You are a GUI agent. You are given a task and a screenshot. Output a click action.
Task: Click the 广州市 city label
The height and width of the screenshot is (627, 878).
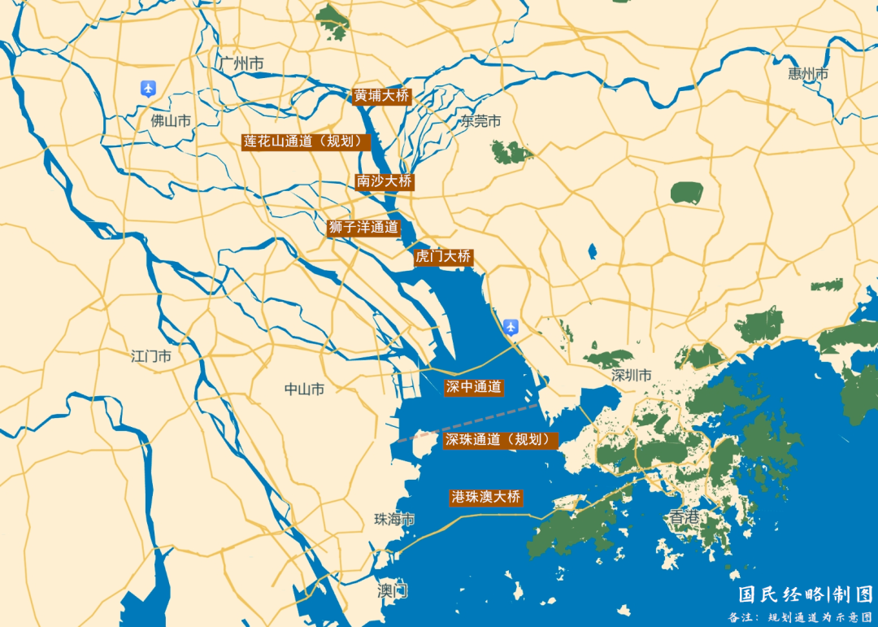click(241, 63)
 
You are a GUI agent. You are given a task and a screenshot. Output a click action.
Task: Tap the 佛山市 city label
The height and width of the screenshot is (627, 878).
click(171, 121)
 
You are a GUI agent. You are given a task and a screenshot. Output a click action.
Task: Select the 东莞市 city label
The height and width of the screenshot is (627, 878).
click(481, 121)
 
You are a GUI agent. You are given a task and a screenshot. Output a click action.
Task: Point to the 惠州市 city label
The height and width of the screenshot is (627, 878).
click(808, 74)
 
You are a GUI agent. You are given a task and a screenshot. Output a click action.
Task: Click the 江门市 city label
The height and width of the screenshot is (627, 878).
click(151, 356)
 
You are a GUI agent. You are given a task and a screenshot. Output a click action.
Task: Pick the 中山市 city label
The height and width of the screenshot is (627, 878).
click(304, 390)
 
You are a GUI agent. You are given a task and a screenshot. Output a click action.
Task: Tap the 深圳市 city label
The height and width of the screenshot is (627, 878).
click(632, 376)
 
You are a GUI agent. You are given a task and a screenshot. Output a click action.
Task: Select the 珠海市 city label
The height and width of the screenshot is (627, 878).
click(394, 519)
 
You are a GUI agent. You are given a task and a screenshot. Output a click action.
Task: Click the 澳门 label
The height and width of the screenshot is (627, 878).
click(393, 590)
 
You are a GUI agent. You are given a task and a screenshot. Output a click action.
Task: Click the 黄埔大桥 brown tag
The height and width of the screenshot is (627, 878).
click(381, 95)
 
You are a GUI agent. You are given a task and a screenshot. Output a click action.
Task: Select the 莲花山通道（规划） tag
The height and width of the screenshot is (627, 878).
click(306, 141)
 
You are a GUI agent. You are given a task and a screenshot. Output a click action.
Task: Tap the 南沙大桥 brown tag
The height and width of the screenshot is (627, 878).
click(385, 181)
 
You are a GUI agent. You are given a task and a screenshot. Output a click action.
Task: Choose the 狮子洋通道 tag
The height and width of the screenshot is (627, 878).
click(363, 228)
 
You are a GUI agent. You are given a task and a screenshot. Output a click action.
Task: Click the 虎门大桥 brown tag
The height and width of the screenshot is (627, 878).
click(443, 256)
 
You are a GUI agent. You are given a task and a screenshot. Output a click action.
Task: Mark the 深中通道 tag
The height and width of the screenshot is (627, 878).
click(474, 387)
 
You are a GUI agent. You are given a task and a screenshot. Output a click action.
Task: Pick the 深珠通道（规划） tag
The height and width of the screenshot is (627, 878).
click(501, 440)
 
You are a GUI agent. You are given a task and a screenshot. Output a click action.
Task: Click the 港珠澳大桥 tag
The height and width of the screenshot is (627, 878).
click(485, 497)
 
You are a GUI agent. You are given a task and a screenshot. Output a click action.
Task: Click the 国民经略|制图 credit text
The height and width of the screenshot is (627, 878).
click(805, 594)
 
